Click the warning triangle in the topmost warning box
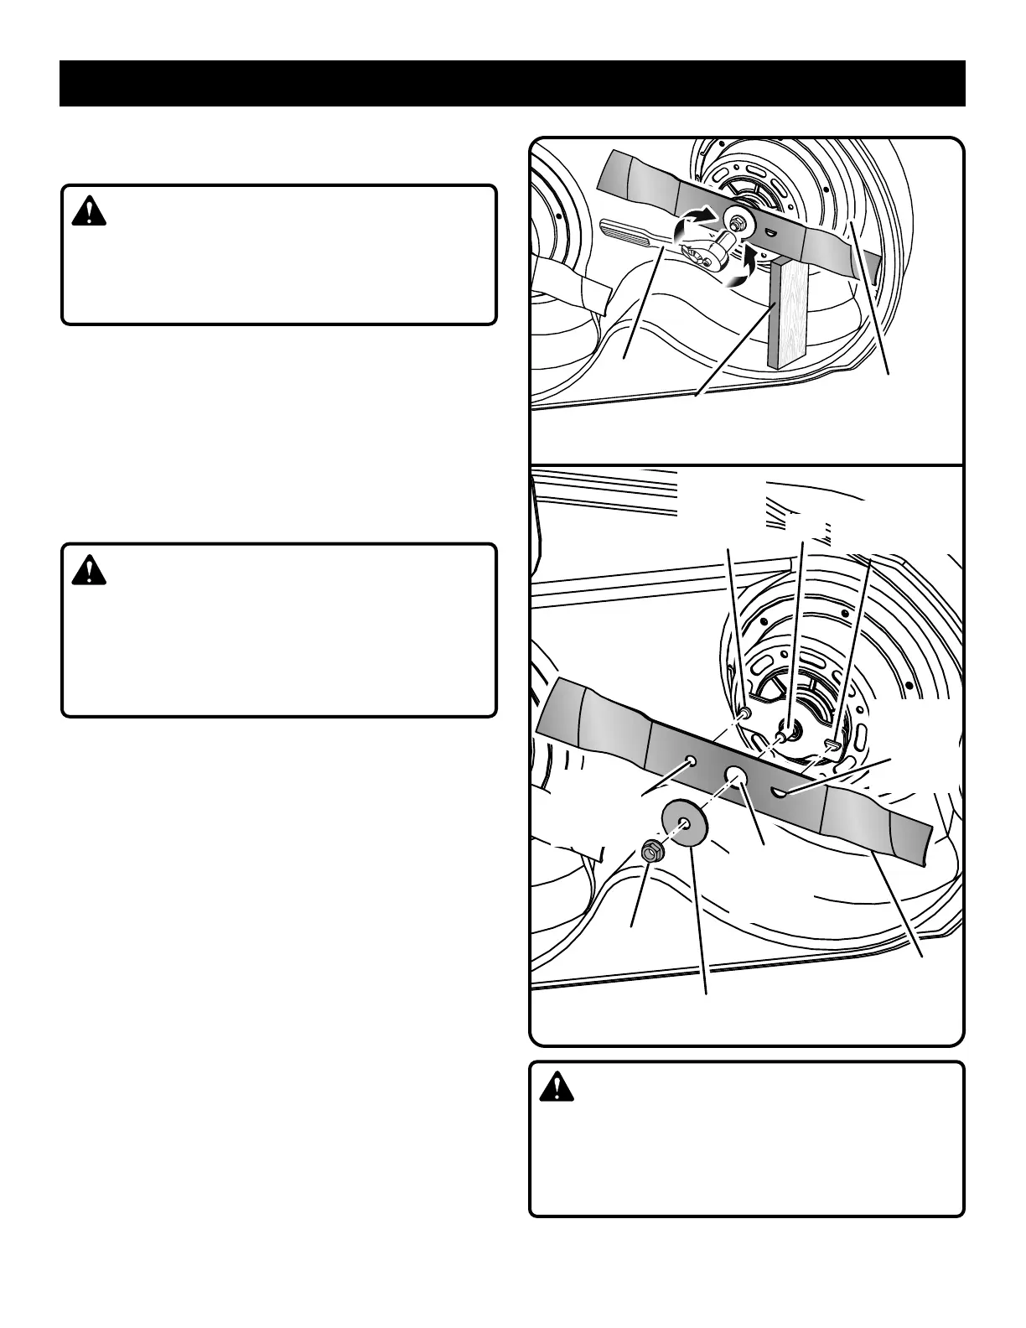89,212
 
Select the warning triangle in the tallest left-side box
89,571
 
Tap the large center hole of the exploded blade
735,772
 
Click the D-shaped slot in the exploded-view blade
778,789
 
